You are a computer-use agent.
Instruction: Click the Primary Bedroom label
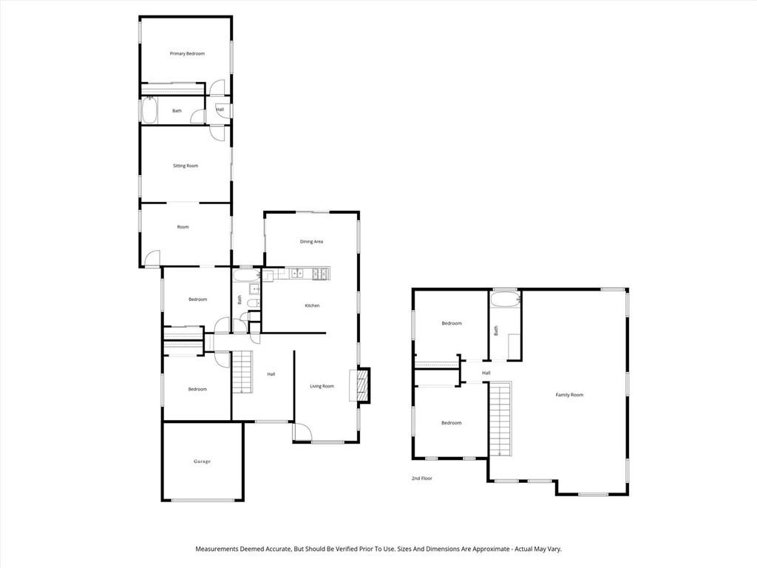pyautogui.click(x=187, y=53)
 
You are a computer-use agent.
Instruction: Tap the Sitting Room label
pyautogui.click(x=186, y=166)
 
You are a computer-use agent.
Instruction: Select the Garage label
pyautogui.click(x=202, y=461)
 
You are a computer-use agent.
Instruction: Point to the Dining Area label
pyautogui.click(x=311, y=242)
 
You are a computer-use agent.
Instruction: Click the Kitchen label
pyautogui.click(x=312, y=305)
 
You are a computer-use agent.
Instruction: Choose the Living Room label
pyautogui.click(x=322, y=386)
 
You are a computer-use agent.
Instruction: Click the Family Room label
pyautogui.click(x=569, y=395)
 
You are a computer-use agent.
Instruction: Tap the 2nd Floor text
pyautogui.click(x=422, y=479)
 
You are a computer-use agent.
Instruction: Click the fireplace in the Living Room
pyautogui.click(x=363, y=386)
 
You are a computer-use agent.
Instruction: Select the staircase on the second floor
pyautogui.click(x=500, y=419)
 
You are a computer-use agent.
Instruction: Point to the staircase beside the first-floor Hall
pyautogui.click(x=242, y=372)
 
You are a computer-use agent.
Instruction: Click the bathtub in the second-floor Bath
pyautogui.click(x=505, y=300)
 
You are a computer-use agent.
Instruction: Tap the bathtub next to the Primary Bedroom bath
pyautogui.click(x=149, y=111)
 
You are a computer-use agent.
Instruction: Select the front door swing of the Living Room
pyautogui.click(x=302, y=432)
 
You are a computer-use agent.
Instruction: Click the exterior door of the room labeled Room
pyautogui.click(x=152, y=258)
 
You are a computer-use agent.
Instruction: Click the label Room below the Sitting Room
pyautogui.click(x=183, y=227)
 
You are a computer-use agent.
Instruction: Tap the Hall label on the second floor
pyautogui.click(x=486, y=373)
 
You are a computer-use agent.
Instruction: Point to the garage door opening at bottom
pyautogui.click(x=203, y=501)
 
